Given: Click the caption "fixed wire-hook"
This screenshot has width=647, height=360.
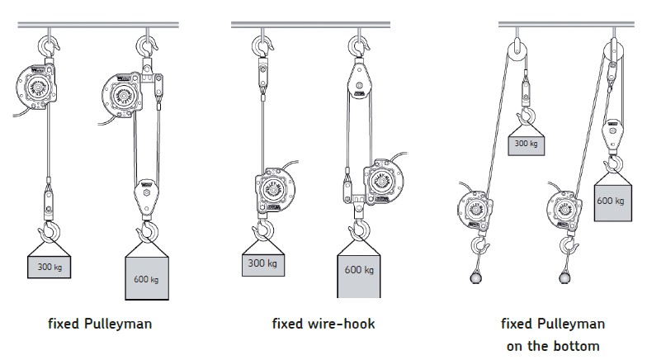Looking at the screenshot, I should click(x=323, y=324).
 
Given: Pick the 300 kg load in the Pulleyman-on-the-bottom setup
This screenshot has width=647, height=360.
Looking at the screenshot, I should click(x=525, y=144).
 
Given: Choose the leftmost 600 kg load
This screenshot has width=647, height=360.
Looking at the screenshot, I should click(x=148, y=275).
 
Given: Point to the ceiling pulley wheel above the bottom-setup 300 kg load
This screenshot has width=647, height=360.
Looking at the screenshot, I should click(x=517, y=51).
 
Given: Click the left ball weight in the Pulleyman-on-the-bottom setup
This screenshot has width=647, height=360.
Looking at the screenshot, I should click(x=477, y=277).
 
